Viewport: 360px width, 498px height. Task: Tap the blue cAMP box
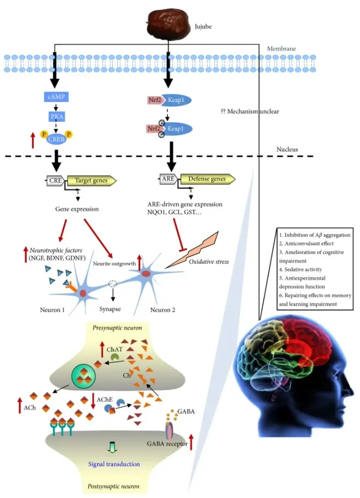tap(55, 97)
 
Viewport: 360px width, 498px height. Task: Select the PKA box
tap(55, 117)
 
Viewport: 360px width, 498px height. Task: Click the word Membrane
tap(281, 49)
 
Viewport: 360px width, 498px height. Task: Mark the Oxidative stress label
tap(209, 261)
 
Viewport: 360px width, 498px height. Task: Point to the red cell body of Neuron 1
tap(83, 293)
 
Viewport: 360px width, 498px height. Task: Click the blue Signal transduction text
tap(113, 464)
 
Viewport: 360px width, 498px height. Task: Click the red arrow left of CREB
tap(33, 141)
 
